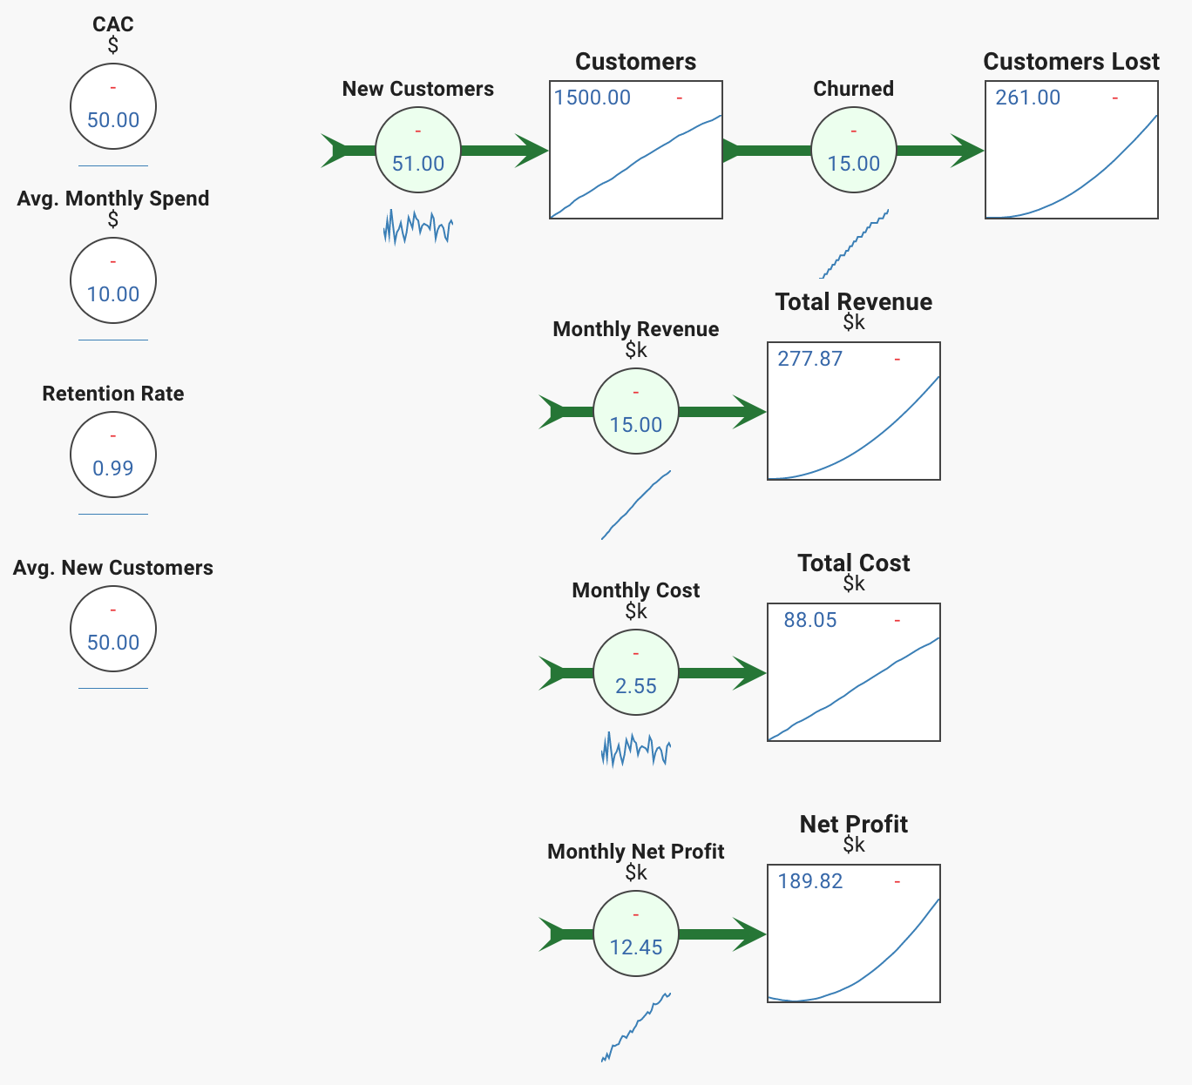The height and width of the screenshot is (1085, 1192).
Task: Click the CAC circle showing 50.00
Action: pyautogui.click(x=113, y=106)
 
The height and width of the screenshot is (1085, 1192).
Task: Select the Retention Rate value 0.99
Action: pyautogui.click(x=113, y=468)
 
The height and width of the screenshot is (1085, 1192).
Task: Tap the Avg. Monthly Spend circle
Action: pyautogui.click(x=113, y=280)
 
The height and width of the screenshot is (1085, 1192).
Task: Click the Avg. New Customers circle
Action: pyautogui.click(x=113, y=629)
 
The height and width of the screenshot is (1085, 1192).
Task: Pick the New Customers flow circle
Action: pyautogui.click(x=418, y=150)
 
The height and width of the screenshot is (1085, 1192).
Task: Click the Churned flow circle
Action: pyautogui.click(x=854, y=150)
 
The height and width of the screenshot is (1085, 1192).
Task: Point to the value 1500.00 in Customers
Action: pyautogui.click(x=593, y=98)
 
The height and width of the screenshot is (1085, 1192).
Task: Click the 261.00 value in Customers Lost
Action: pyautogui.click(x=1028, y=98)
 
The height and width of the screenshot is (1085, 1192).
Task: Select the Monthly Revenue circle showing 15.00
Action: pyautogui.click(x=636, y=411)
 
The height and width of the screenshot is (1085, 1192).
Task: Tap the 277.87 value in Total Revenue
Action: pyautogui.click(x=810, y=359)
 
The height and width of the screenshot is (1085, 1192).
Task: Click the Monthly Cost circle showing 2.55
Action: pyautogui.click(x=636, y=672)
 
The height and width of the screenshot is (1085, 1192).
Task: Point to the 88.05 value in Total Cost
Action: pyautogui.click(x=810, y=620)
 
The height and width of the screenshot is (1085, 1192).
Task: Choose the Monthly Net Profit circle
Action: pyautogui.click(x=636, y=933)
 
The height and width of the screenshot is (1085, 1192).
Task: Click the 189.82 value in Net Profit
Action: pyautogui.click(x=810, y=881)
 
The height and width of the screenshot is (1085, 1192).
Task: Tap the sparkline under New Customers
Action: pyautogui.click(x=418, y=227)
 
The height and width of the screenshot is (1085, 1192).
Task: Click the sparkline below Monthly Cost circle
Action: pyautogui.click(x=636, y=750)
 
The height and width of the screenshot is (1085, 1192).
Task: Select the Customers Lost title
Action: pyautogui.click(x=1072, y=62)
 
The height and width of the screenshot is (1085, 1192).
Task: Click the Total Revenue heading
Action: pyautogui.click(x=854, y=301)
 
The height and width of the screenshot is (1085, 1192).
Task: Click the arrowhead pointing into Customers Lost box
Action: pyautogui.click(x=967, y=151)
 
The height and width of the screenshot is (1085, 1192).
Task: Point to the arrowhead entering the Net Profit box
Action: pyautogui.click(x=749, y=934)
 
